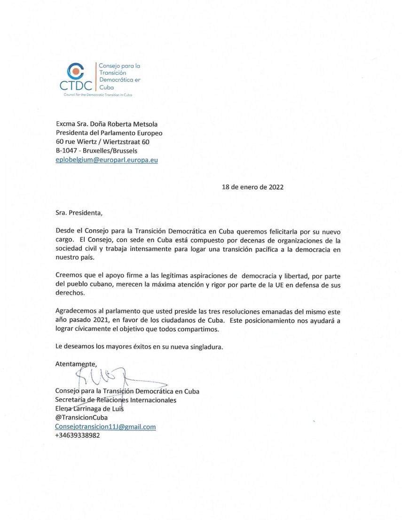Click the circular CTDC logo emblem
click(76, 70)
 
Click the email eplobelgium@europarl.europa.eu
click(106, 160)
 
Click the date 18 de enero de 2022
click(252, 186)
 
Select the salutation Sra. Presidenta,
click(78, 212)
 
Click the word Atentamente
click(76, 364)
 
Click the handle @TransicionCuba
click(81, 418)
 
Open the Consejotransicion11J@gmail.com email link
click(105, 427)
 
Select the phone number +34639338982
click(78, 435)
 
